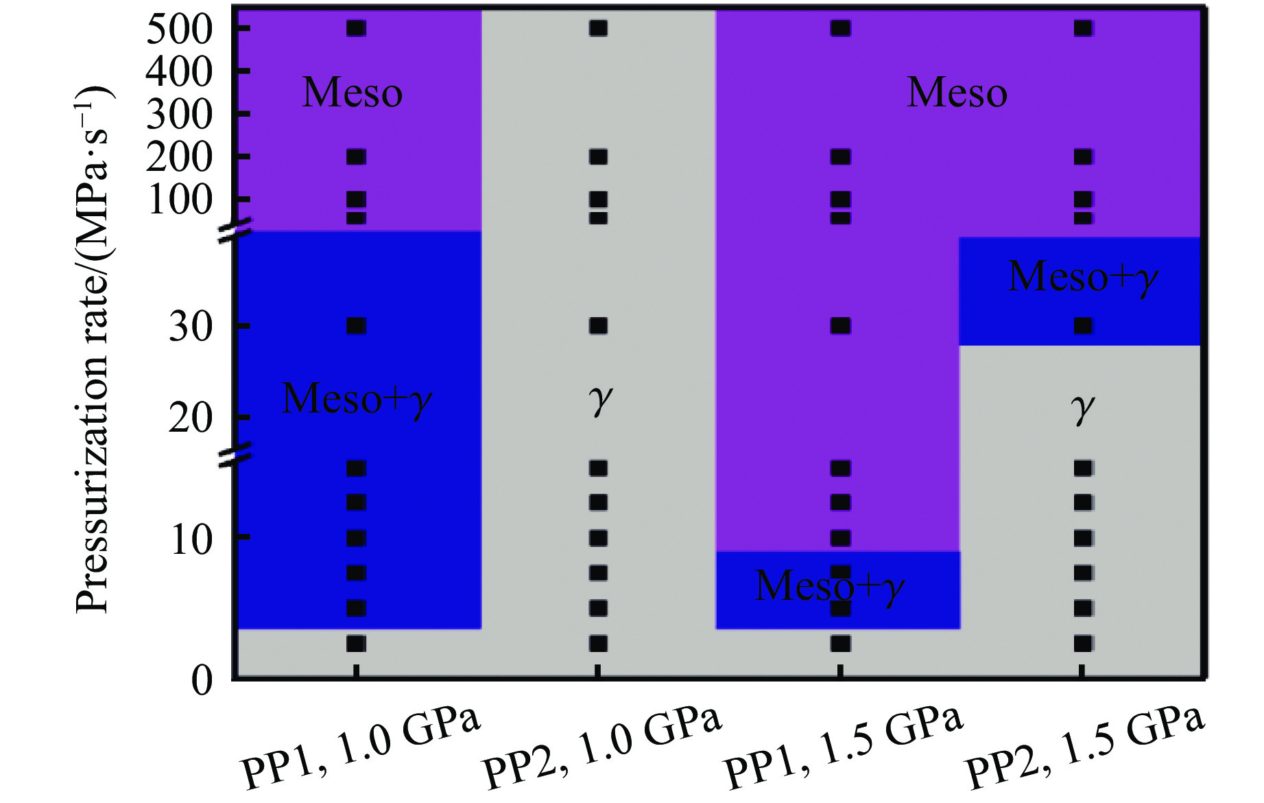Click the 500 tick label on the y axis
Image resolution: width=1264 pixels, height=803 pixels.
[180, 30]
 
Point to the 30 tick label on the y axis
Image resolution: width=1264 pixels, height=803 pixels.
[191, 327]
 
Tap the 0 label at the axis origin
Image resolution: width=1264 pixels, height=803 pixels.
[202, 681]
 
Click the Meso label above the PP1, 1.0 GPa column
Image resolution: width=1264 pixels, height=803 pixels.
[353, 93]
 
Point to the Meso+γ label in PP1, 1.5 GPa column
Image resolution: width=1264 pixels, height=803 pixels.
[830, 587]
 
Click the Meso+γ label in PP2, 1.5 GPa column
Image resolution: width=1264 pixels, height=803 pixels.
[1084, 277]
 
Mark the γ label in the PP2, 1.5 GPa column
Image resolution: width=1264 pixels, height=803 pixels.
[1083, 409]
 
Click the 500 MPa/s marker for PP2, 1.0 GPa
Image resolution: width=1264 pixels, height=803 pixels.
[598, 28]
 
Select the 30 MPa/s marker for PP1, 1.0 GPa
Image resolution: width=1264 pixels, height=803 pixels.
[356, 325]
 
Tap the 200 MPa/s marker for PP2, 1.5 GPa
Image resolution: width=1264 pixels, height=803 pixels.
[1083, 157]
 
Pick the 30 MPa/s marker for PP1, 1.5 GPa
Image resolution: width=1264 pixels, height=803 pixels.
[841, 325]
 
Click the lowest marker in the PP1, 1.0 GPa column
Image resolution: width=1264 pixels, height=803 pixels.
[356, 643]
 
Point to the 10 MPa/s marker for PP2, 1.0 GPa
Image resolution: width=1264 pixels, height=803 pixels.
[598, 538]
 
